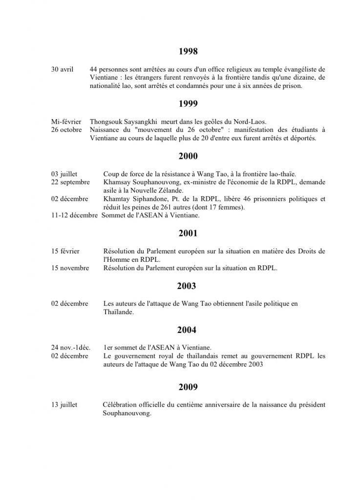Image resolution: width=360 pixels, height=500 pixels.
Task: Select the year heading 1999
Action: click(x=188, y=104)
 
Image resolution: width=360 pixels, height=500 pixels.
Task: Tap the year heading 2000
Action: click(x=188, y=156)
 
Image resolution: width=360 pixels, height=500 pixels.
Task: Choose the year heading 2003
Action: click(x=188, y=286)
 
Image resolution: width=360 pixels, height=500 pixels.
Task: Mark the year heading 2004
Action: click(x=188, y=331)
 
